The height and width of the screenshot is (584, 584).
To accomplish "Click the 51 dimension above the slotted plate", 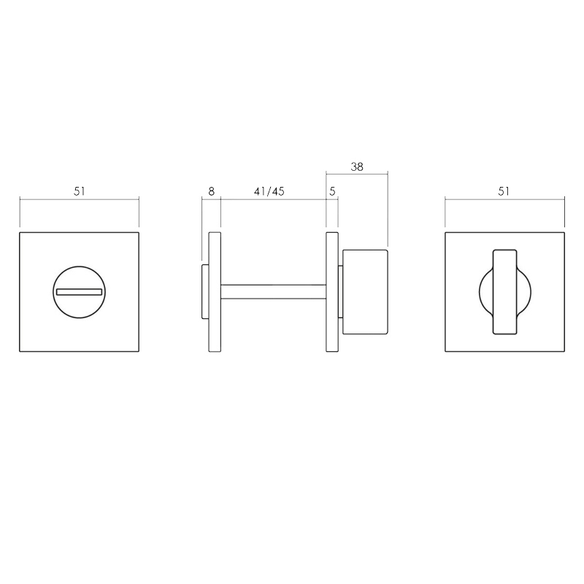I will pos(79,191).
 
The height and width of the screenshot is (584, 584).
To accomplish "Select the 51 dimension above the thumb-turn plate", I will pos(504,191).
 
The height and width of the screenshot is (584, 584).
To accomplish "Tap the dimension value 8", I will pos(211,191).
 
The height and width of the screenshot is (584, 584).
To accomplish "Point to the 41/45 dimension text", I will pos(269,191).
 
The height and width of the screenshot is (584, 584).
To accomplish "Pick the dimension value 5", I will pos(332,191).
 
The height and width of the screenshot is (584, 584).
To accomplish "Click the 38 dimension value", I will pos(356,166).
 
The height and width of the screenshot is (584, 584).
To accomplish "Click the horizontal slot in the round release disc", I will pos(79,293).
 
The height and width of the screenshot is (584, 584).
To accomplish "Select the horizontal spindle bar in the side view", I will pos(273,291).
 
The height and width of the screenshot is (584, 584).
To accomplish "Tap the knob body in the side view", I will pos(365,291).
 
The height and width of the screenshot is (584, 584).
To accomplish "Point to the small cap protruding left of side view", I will pos(205,292).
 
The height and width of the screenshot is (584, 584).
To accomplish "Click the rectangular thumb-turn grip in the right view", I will pos(504,291).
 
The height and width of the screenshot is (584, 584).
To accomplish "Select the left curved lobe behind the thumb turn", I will pos(484,292).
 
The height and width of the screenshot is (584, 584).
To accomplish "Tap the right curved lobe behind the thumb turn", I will pos(525,292).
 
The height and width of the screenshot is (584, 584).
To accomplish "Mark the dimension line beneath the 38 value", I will pos(356,174).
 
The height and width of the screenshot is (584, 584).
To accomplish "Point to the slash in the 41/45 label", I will pos(269,191).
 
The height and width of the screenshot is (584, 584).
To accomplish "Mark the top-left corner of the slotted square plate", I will pos(20,234).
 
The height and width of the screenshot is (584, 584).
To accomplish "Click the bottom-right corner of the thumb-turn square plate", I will pos(564,351).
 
